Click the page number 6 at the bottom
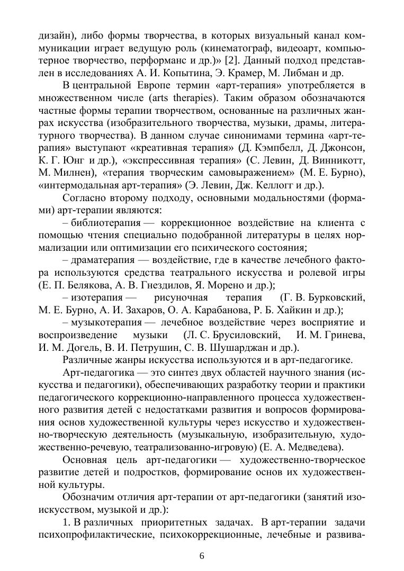tap(202, 555)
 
